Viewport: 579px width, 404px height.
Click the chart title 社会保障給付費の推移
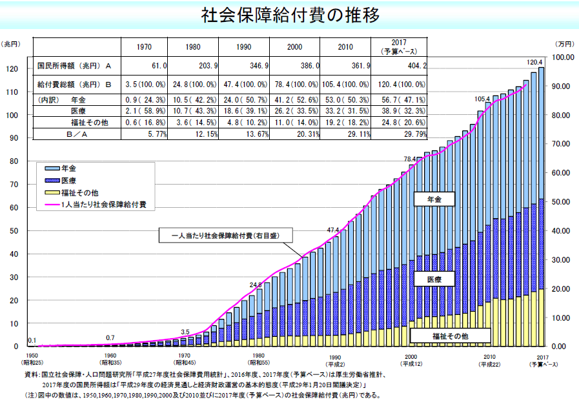coord(289,14)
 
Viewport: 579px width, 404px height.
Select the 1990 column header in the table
coord(243,47)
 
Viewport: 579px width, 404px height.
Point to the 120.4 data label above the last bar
coord(536,62)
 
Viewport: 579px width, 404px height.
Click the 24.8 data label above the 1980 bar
coord(256,285)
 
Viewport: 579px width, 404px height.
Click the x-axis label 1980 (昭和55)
coord(258,358)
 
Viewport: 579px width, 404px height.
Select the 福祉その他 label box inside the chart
coord(451,336)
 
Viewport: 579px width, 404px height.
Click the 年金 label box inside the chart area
coord(434,200)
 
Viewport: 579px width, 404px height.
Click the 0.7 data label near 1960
coord(110,338)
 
